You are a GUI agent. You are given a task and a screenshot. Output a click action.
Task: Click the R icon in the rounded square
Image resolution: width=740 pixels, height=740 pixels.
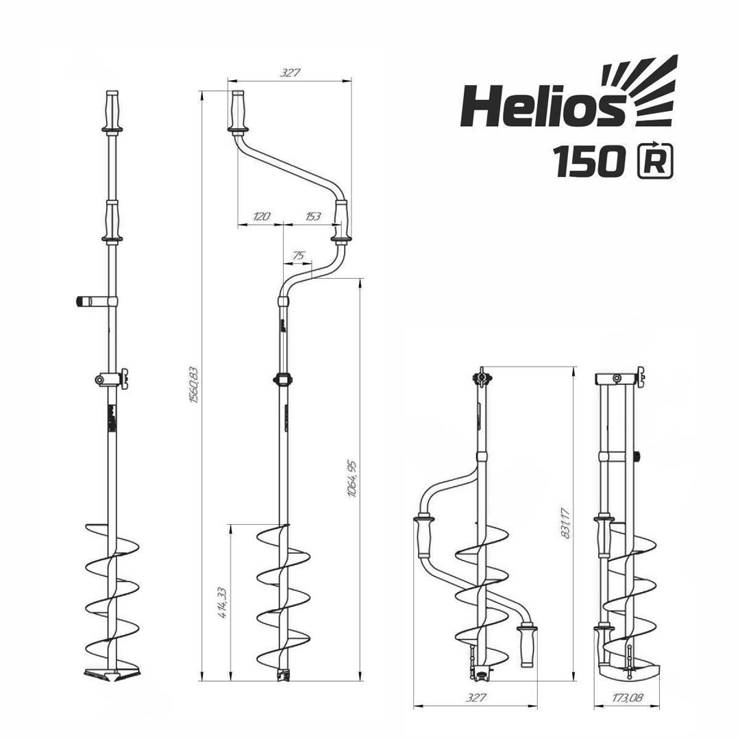(655, 161)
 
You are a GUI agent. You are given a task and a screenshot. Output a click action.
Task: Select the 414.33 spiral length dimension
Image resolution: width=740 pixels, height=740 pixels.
(221, 603)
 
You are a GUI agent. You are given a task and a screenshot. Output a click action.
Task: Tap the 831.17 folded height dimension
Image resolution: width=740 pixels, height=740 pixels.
(565, 522)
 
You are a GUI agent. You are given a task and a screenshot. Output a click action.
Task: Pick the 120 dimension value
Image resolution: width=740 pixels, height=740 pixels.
(261, 216)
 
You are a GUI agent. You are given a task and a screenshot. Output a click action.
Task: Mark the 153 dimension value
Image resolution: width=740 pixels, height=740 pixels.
(312, 216)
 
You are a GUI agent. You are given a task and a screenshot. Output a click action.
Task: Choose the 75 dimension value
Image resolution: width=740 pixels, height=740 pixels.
(298, 255)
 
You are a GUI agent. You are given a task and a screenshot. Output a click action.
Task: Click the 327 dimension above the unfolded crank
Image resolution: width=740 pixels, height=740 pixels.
(291, 73)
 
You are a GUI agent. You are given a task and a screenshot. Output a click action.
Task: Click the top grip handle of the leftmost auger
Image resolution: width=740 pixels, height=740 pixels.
(112, 110)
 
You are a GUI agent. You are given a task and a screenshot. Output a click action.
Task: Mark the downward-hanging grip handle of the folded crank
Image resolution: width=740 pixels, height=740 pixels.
(528, 645)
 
